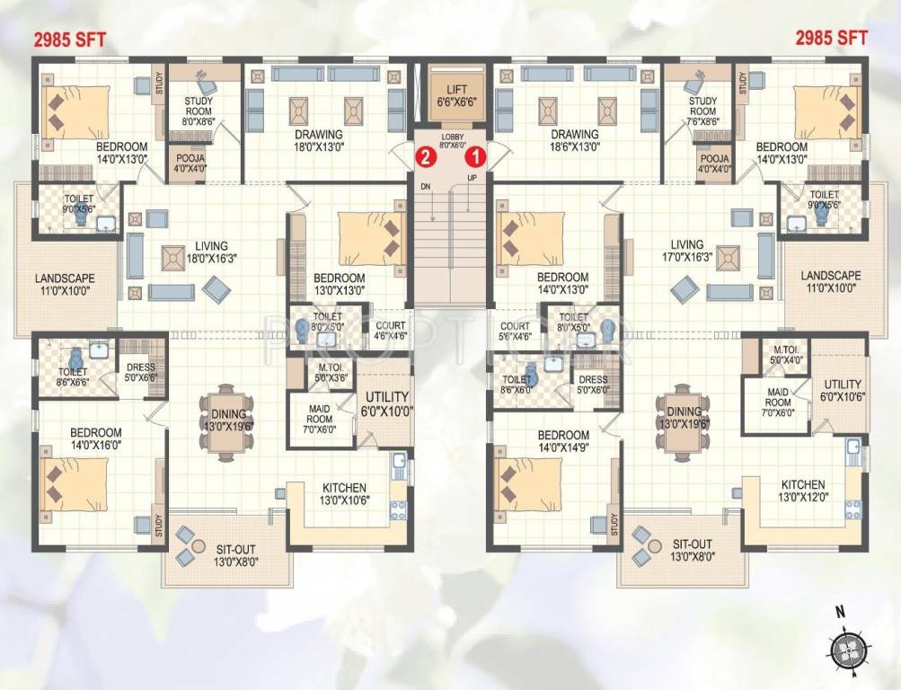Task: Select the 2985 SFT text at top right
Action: click(x=832, y=38)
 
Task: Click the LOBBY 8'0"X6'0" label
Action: click(x=451, y=139)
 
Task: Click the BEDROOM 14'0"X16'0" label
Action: click(x=96, y=438)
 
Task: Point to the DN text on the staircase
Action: click(x=426, y=188)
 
